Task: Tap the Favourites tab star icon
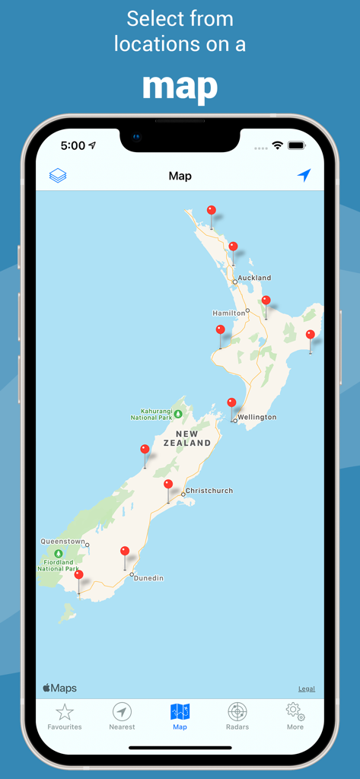(65, 712)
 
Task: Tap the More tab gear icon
(295, 712)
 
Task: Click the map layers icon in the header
(58, 176)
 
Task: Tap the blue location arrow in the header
(304, 176)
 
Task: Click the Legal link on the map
(306, 688)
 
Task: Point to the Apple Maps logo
(59, 688)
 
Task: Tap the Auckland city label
(254, 278)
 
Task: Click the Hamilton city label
(228, 313)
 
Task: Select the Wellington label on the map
(256, 418)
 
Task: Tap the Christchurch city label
(209, 491)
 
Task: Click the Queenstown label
(62, 542)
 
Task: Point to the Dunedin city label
(148, 578)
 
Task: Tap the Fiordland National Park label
(58, 565)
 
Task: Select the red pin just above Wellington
(231, 403)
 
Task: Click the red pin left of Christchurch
(168, 485)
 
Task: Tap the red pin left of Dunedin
(125, 552)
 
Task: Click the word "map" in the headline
(180, 86)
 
